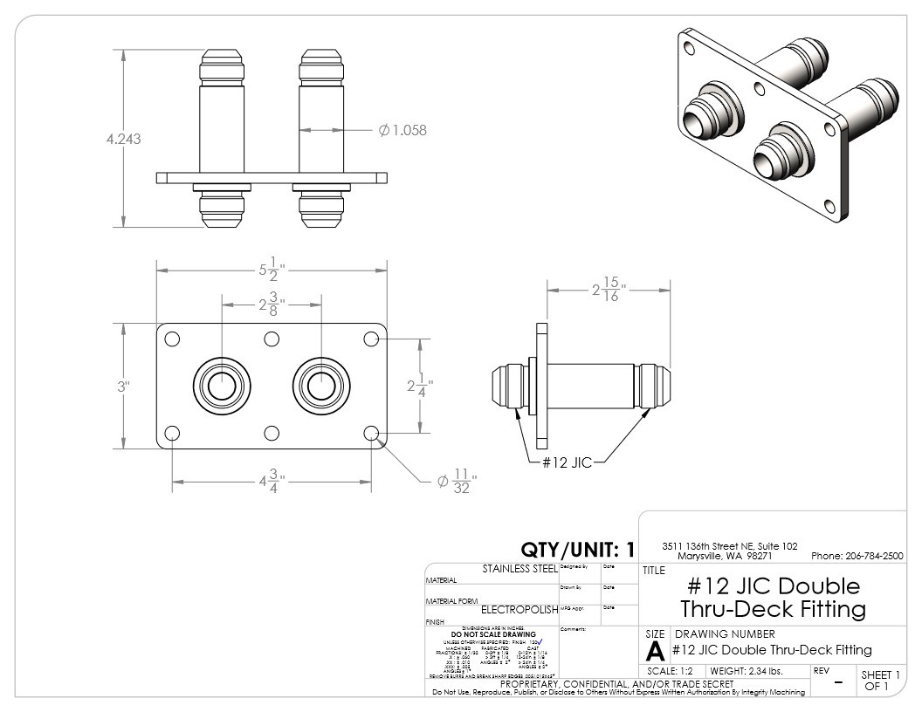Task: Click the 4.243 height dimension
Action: pos(123,139)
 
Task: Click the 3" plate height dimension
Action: pos(124,386)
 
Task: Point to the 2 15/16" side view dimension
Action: pos(609,289)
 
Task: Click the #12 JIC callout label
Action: pos(567,462)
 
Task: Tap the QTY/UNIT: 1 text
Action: pos(577,550)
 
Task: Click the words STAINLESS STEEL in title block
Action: pos(519,569)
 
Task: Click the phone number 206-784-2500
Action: pos(857,557)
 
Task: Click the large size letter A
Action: pos(654,652)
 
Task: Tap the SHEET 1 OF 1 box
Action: pos(876,680)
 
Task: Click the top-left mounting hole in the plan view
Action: pos(172,339)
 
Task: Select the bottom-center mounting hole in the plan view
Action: pos(272,433)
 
